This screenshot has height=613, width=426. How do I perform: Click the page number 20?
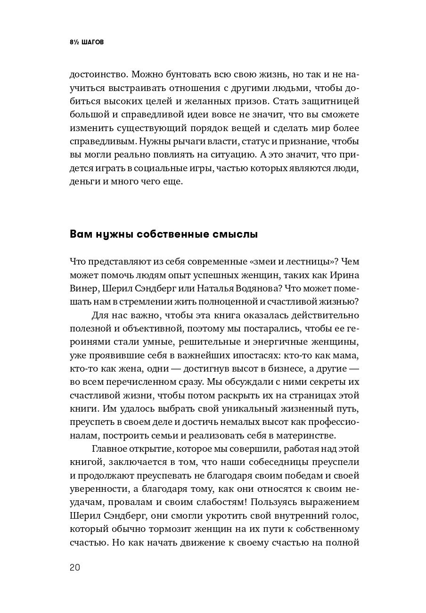click(x=75, y=567)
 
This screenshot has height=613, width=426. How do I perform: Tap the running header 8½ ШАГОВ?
click(x=86, y=42)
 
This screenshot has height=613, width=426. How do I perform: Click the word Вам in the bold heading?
click(x=82, y=234)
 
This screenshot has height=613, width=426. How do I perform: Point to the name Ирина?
click(x=345, y=275)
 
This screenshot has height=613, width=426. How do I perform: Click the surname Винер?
click(x=82, y=289)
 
